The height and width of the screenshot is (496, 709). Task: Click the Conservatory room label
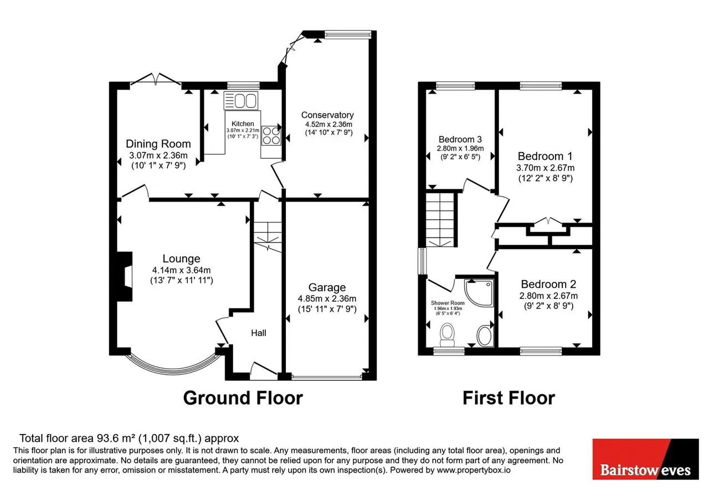click(327, 115)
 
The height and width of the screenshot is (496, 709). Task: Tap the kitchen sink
click(241, 101)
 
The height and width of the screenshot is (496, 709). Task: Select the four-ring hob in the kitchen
click(271, 136)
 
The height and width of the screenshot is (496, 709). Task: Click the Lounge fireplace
click(125, 276)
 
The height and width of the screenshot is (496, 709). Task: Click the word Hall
click(259, 333)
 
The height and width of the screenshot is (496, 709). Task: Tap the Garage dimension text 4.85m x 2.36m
click(327, 298)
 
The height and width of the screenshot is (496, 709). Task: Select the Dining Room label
click(158, 144)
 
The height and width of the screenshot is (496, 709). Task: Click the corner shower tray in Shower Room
click(479, 293)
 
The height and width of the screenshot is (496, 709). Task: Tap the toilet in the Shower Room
click(447, 335)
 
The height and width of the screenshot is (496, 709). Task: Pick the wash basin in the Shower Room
click(485, 335)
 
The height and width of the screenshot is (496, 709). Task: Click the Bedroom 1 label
click(546, 156)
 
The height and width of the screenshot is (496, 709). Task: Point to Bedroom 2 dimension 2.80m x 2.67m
click(548, 296)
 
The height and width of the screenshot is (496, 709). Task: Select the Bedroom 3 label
click(460, 139)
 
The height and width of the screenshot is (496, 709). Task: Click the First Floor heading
click(508, 397)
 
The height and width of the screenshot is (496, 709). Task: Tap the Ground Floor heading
click(243, 397)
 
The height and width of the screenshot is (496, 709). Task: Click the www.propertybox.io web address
click(474, 470)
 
